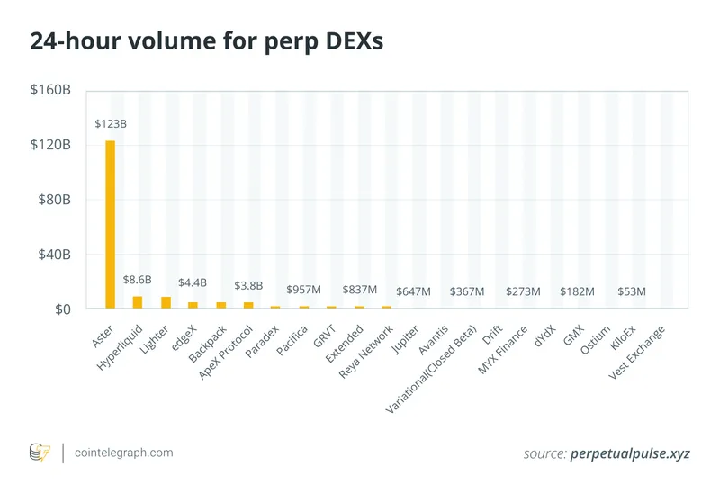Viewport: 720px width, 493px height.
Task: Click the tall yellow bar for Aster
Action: click(x=110, y=225)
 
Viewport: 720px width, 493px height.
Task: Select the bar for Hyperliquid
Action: click(x=138, y=302)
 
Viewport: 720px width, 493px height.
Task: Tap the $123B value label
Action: click(x=111, y=123)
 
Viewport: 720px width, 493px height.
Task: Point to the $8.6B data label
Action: click(x=138, y=280)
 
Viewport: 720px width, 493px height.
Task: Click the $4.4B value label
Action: click(x=193, y=283)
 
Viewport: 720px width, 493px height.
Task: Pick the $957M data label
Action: click(x=304, y=290)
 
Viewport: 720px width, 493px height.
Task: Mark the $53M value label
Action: click(x=632, y=291)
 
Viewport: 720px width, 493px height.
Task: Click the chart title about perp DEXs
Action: click(x=207, y=42)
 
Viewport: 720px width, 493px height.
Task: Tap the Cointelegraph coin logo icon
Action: click(x=40, y=453)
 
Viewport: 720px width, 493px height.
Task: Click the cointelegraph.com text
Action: click(x=125, y=453)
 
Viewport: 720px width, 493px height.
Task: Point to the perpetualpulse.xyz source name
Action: click(x=630, y=453)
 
